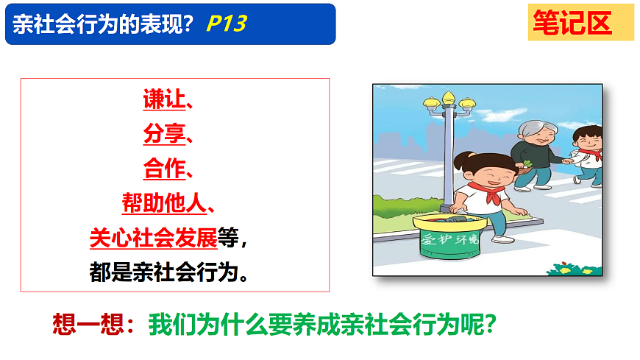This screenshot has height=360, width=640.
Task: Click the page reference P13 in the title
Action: point(226,24)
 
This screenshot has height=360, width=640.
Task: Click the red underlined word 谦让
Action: point(164,99)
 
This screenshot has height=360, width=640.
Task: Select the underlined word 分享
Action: point(164,133)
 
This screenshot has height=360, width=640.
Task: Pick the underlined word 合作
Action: point(164,169)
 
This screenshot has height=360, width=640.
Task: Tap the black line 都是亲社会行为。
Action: point(168,272)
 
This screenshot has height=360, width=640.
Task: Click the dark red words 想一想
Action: point(90,323)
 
